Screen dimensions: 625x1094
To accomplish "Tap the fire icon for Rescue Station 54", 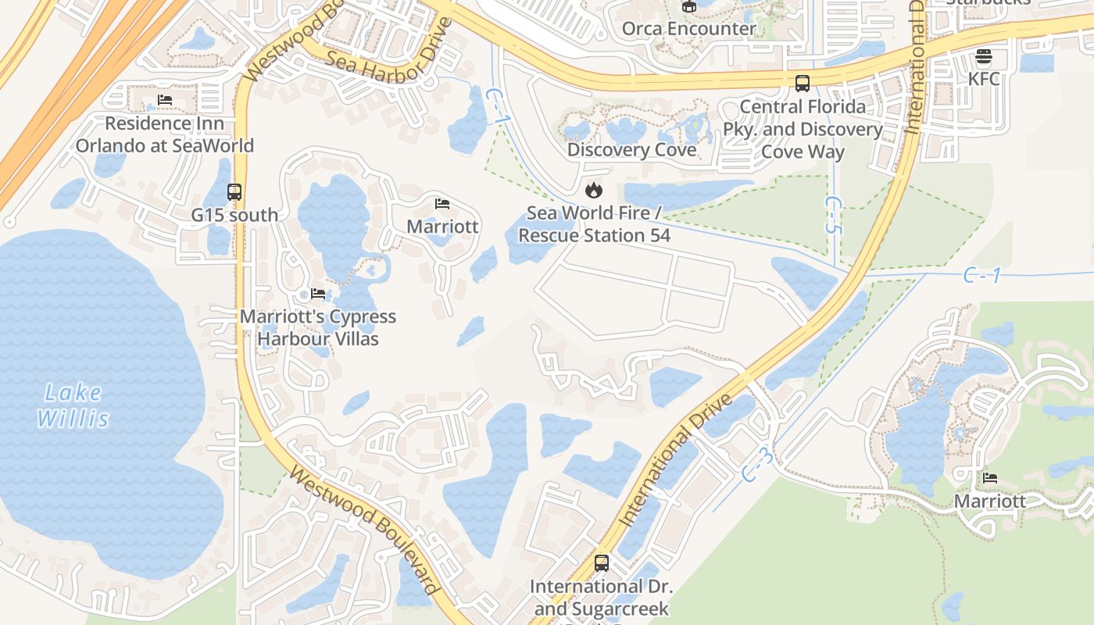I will pos(594,190).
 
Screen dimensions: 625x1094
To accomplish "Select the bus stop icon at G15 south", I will pos(234,191).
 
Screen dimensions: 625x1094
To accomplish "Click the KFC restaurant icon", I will pos(983,56).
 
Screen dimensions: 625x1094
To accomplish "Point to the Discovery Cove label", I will pos(631,149).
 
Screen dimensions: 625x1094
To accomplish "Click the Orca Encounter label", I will pos(688,29).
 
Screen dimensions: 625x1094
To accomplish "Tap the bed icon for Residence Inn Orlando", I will pos(164,100).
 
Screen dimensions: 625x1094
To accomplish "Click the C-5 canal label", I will pos(834,215).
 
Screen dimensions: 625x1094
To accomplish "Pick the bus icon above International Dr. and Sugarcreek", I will pos(601,562).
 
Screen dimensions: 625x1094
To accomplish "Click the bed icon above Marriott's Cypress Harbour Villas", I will pos(317,294).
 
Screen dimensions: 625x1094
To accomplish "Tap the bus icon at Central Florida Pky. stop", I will pos(802,84).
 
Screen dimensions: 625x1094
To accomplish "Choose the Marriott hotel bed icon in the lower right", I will pos(990,478).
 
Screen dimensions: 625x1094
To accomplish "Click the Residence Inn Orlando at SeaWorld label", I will pos(164,134).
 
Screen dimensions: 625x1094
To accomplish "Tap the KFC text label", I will pos(983,79).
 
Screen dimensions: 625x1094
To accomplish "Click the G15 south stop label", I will pos(234,215).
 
